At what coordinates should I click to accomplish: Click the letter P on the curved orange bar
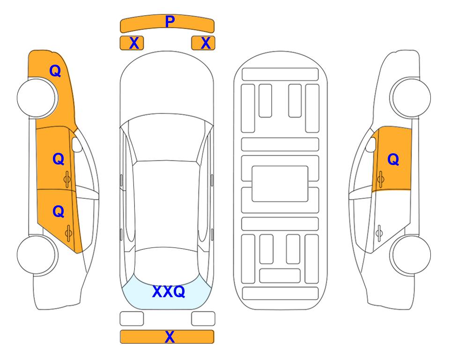click(170, 22)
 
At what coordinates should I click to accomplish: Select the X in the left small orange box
click(134, 43)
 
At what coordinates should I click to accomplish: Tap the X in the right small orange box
click(206, 43)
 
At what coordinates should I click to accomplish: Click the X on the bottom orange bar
click(170, 337)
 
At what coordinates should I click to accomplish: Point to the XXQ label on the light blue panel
click(169, 292)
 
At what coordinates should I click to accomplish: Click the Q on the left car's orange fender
click(55, 71)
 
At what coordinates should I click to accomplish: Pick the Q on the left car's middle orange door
click(59, 159)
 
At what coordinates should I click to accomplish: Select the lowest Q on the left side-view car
click(59, 211)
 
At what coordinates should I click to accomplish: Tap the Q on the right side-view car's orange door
click(393, 159)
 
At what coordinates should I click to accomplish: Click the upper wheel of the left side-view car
click(37, 98)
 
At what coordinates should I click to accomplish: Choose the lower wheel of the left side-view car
click(37, 255)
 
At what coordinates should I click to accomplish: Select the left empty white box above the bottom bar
click(132, 319)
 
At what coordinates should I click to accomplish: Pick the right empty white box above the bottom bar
click(203, 319)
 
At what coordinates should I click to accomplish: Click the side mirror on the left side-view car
click(77, 144)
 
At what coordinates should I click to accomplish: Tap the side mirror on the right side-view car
click(371, 144)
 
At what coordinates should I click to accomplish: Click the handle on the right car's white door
click(379, 233)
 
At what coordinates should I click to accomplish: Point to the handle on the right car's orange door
click(380, 179)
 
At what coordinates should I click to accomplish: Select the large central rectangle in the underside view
click(280, 184)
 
